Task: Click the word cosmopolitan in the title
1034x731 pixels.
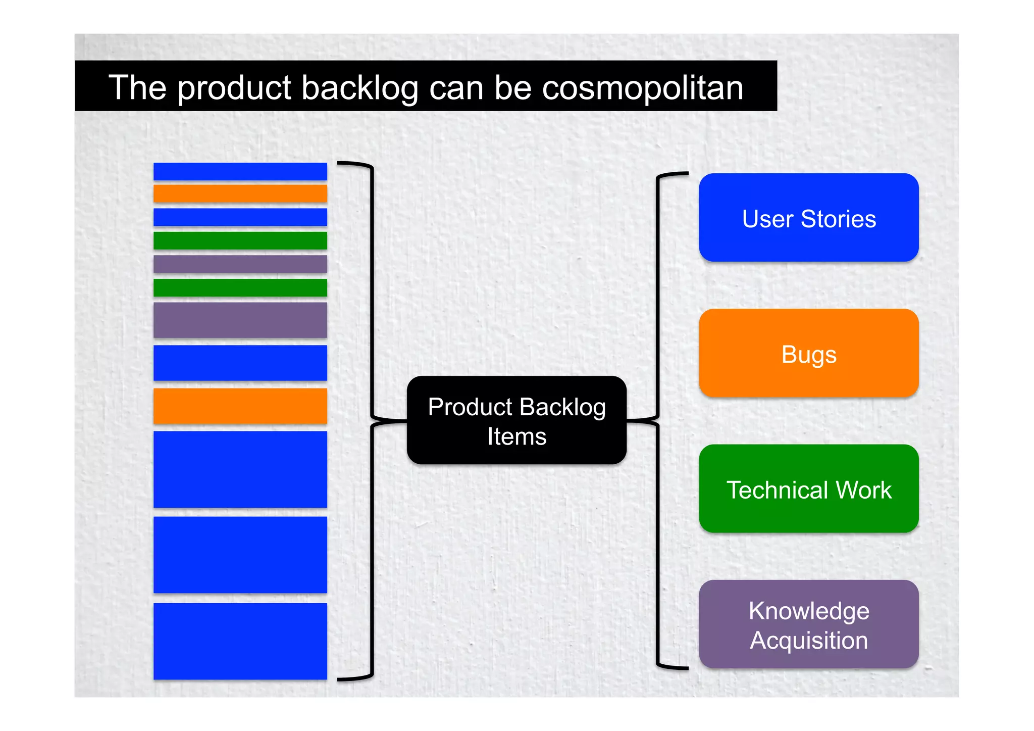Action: (x=642, y=88)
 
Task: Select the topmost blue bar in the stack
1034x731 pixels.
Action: (x=240, y=172)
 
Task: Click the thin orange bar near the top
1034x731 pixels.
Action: (x=240, y=193)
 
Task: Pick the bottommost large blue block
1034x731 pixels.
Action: (x=240, y=641)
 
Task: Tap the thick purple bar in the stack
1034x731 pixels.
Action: (x=240, y=320)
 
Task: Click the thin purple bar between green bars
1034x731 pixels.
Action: (x=240, y=264)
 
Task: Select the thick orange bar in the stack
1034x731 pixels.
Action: (x=240, y=406)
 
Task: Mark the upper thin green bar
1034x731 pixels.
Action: (x=240, y=240)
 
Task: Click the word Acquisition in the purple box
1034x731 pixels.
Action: (x=808, y=641)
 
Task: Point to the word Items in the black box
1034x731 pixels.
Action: (x=516, y=436)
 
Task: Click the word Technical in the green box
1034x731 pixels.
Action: (x=777, y=490)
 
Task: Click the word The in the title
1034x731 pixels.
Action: (x=137, y=88)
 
